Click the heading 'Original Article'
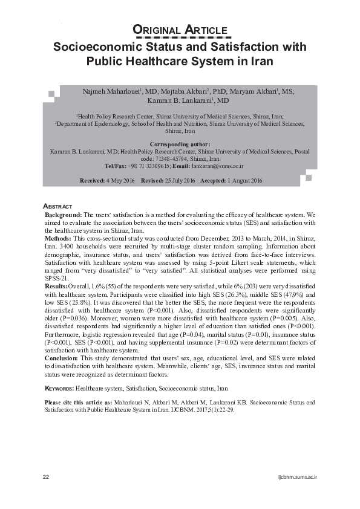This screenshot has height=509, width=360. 180,30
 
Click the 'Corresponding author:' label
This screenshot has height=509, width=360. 180,144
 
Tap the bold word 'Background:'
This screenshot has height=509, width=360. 64,215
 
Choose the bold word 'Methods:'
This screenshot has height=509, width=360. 60,238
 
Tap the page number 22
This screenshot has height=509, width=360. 46,477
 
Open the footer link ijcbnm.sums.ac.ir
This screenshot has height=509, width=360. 296,477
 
